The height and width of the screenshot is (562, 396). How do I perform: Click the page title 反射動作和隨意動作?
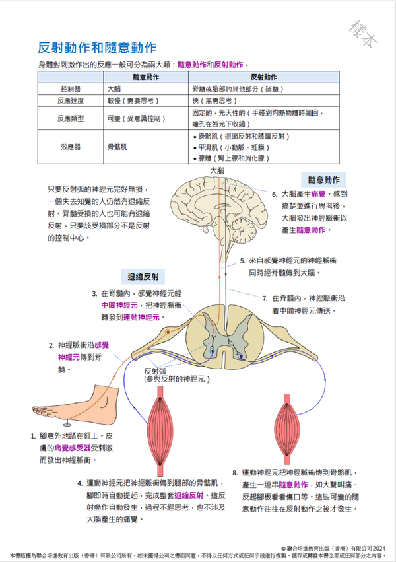98,48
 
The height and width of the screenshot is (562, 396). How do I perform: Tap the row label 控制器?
70,88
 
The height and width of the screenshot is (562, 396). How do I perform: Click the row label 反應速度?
70,101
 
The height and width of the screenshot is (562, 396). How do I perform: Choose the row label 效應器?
70,147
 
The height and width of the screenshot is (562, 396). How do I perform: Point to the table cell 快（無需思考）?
213,101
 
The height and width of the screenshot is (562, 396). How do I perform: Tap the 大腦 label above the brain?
216,170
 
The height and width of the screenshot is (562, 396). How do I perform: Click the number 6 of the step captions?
275,195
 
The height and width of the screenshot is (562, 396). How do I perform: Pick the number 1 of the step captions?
33,437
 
